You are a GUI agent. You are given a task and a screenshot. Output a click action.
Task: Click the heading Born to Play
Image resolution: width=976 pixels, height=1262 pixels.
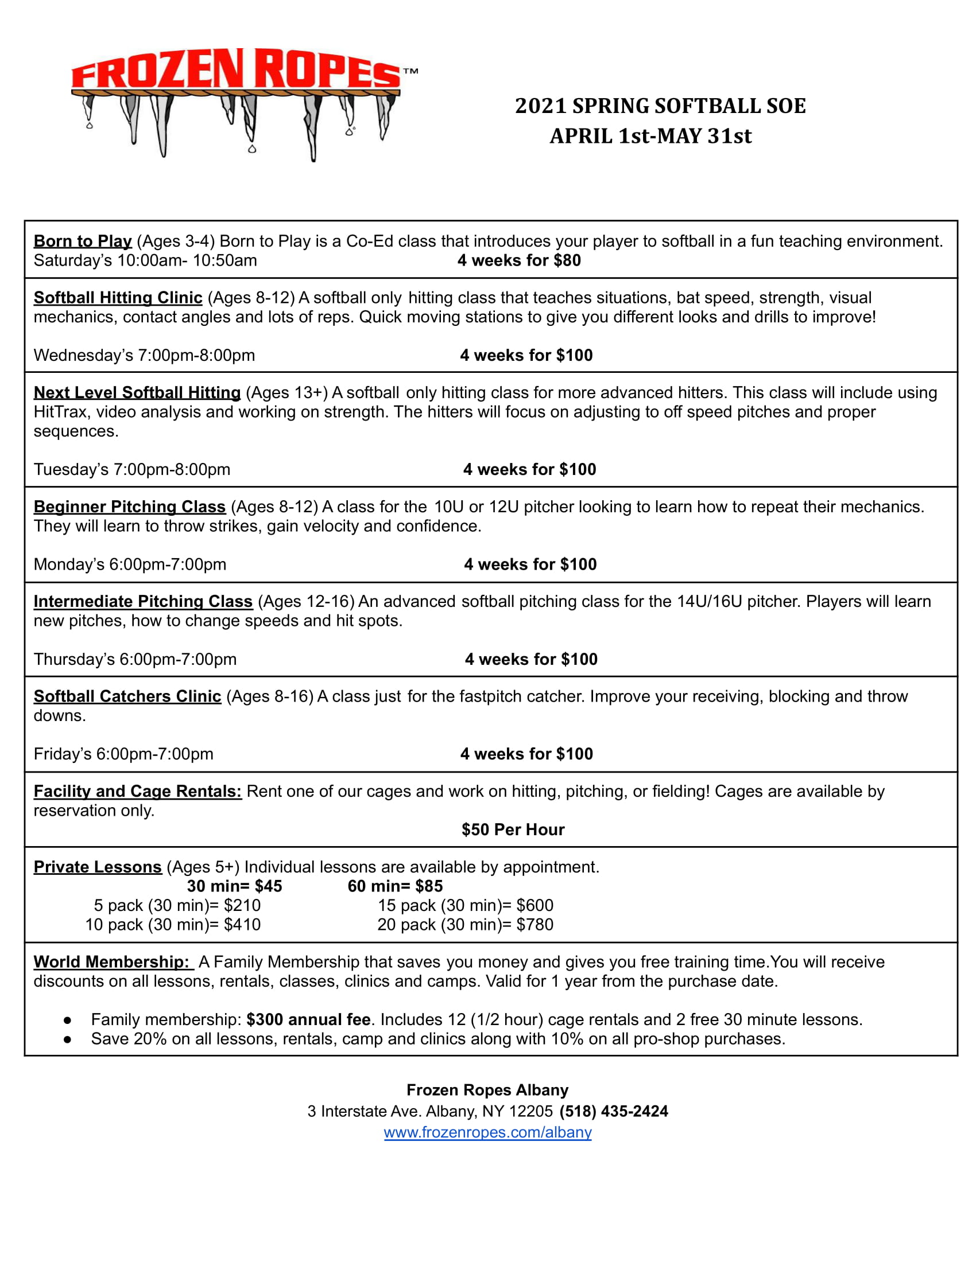point(83,241)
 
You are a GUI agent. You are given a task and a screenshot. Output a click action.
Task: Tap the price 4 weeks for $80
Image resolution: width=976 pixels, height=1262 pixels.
point(518,260)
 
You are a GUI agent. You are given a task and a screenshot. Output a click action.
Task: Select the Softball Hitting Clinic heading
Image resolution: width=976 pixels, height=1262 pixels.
point(118,298)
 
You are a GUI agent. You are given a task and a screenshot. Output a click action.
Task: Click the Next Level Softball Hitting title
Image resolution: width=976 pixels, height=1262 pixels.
point(137,392)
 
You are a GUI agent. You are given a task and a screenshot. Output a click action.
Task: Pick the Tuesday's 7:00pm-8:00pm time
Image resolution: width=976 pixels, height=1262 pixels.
point(132,469)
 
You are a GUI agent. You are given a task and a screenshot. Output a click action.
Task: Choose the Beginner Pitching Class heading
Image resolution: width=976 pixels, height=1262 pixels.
point(130,506)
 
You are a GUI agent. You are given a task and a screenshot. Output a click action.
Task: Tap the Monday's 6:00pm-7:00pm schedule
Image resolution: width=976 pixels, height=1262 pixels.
point(130,564)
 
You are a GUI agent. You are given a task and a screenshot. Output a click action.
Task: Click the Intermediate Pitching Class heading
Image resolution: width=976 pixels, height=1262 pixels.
point(143,601)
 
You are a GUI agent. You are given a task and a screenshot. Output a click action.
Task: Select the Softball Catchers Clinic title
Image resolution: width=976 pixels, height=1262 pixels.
point(127,696)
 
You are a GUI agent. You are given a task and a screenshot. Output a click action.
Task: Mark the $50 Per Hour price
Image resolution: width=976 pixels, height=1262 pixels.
point(513,829)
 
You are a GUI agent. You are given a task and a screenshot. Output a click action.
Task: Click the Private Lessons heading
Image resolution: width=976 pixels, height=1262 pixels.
point(98,867)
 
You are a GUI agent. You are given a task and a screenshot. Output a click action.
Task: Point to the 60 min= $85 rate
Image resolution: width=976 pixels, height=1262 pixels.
point(395,886)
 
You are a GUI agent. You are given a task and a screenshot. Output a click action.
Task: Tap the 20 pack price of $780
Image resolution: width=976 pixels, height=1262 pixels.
point(466,925)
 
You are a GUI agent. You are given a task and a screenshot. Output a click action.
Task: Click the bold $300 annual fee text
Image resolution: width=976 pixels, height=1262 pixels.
point(308,1019)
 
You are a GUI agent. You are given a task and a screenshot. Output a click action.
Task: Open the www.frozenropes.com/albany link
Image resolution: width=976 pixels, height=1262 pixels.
point(487,1132)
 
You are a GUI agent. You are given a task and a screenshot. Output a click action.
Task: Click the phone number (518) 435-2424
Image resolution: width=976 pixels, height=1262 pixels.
point(614,1111)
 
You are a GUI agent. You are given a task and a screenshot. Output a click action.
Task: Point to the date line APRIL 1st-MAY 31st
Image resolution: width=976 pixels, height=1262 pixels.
point(650,136)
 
